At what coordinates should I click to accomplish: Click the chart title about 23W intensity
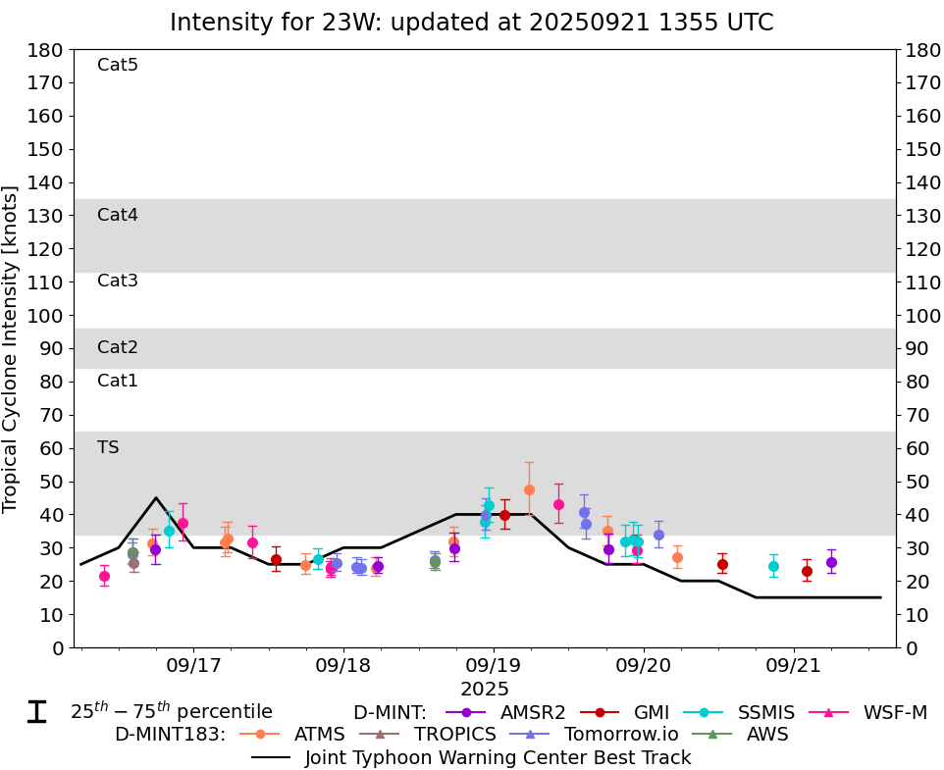coord(471,22)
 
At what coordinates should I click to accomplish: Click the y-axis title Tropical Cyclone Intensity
coord(12,348)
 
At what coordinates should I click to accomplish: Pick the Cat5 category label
coord(118,66)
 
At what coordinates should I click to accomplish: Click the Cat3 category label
coord(118,282)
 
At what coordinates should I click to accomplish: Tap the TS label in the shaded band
coord(108,448)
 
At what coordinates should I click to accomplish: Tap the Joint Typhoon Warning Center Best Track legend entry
coord(498,757)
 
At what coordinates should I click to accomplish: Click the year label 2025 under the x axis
coord(486,690)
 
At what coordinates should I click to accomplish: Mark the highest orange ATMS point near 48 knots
coord(529,489)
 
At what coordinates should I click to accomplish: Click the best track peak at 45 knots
coord(156,497)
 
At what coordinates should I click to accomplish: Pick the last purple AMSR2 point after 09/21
coord(831,562)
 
